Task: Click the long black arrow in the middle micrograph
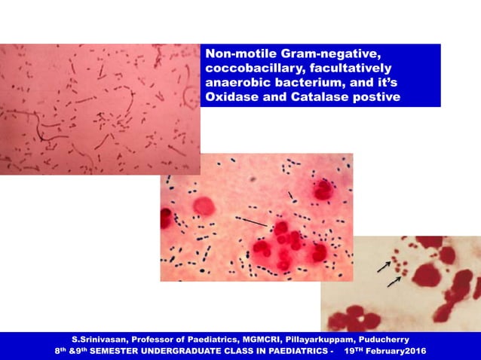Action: tap(253, 221)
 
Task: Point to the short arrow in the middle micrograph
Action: tap(293, 197)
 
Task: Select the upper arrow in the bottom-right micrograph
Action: tap(384, 266)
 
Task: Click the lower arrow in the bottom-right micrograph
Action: tap(394, 282)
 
